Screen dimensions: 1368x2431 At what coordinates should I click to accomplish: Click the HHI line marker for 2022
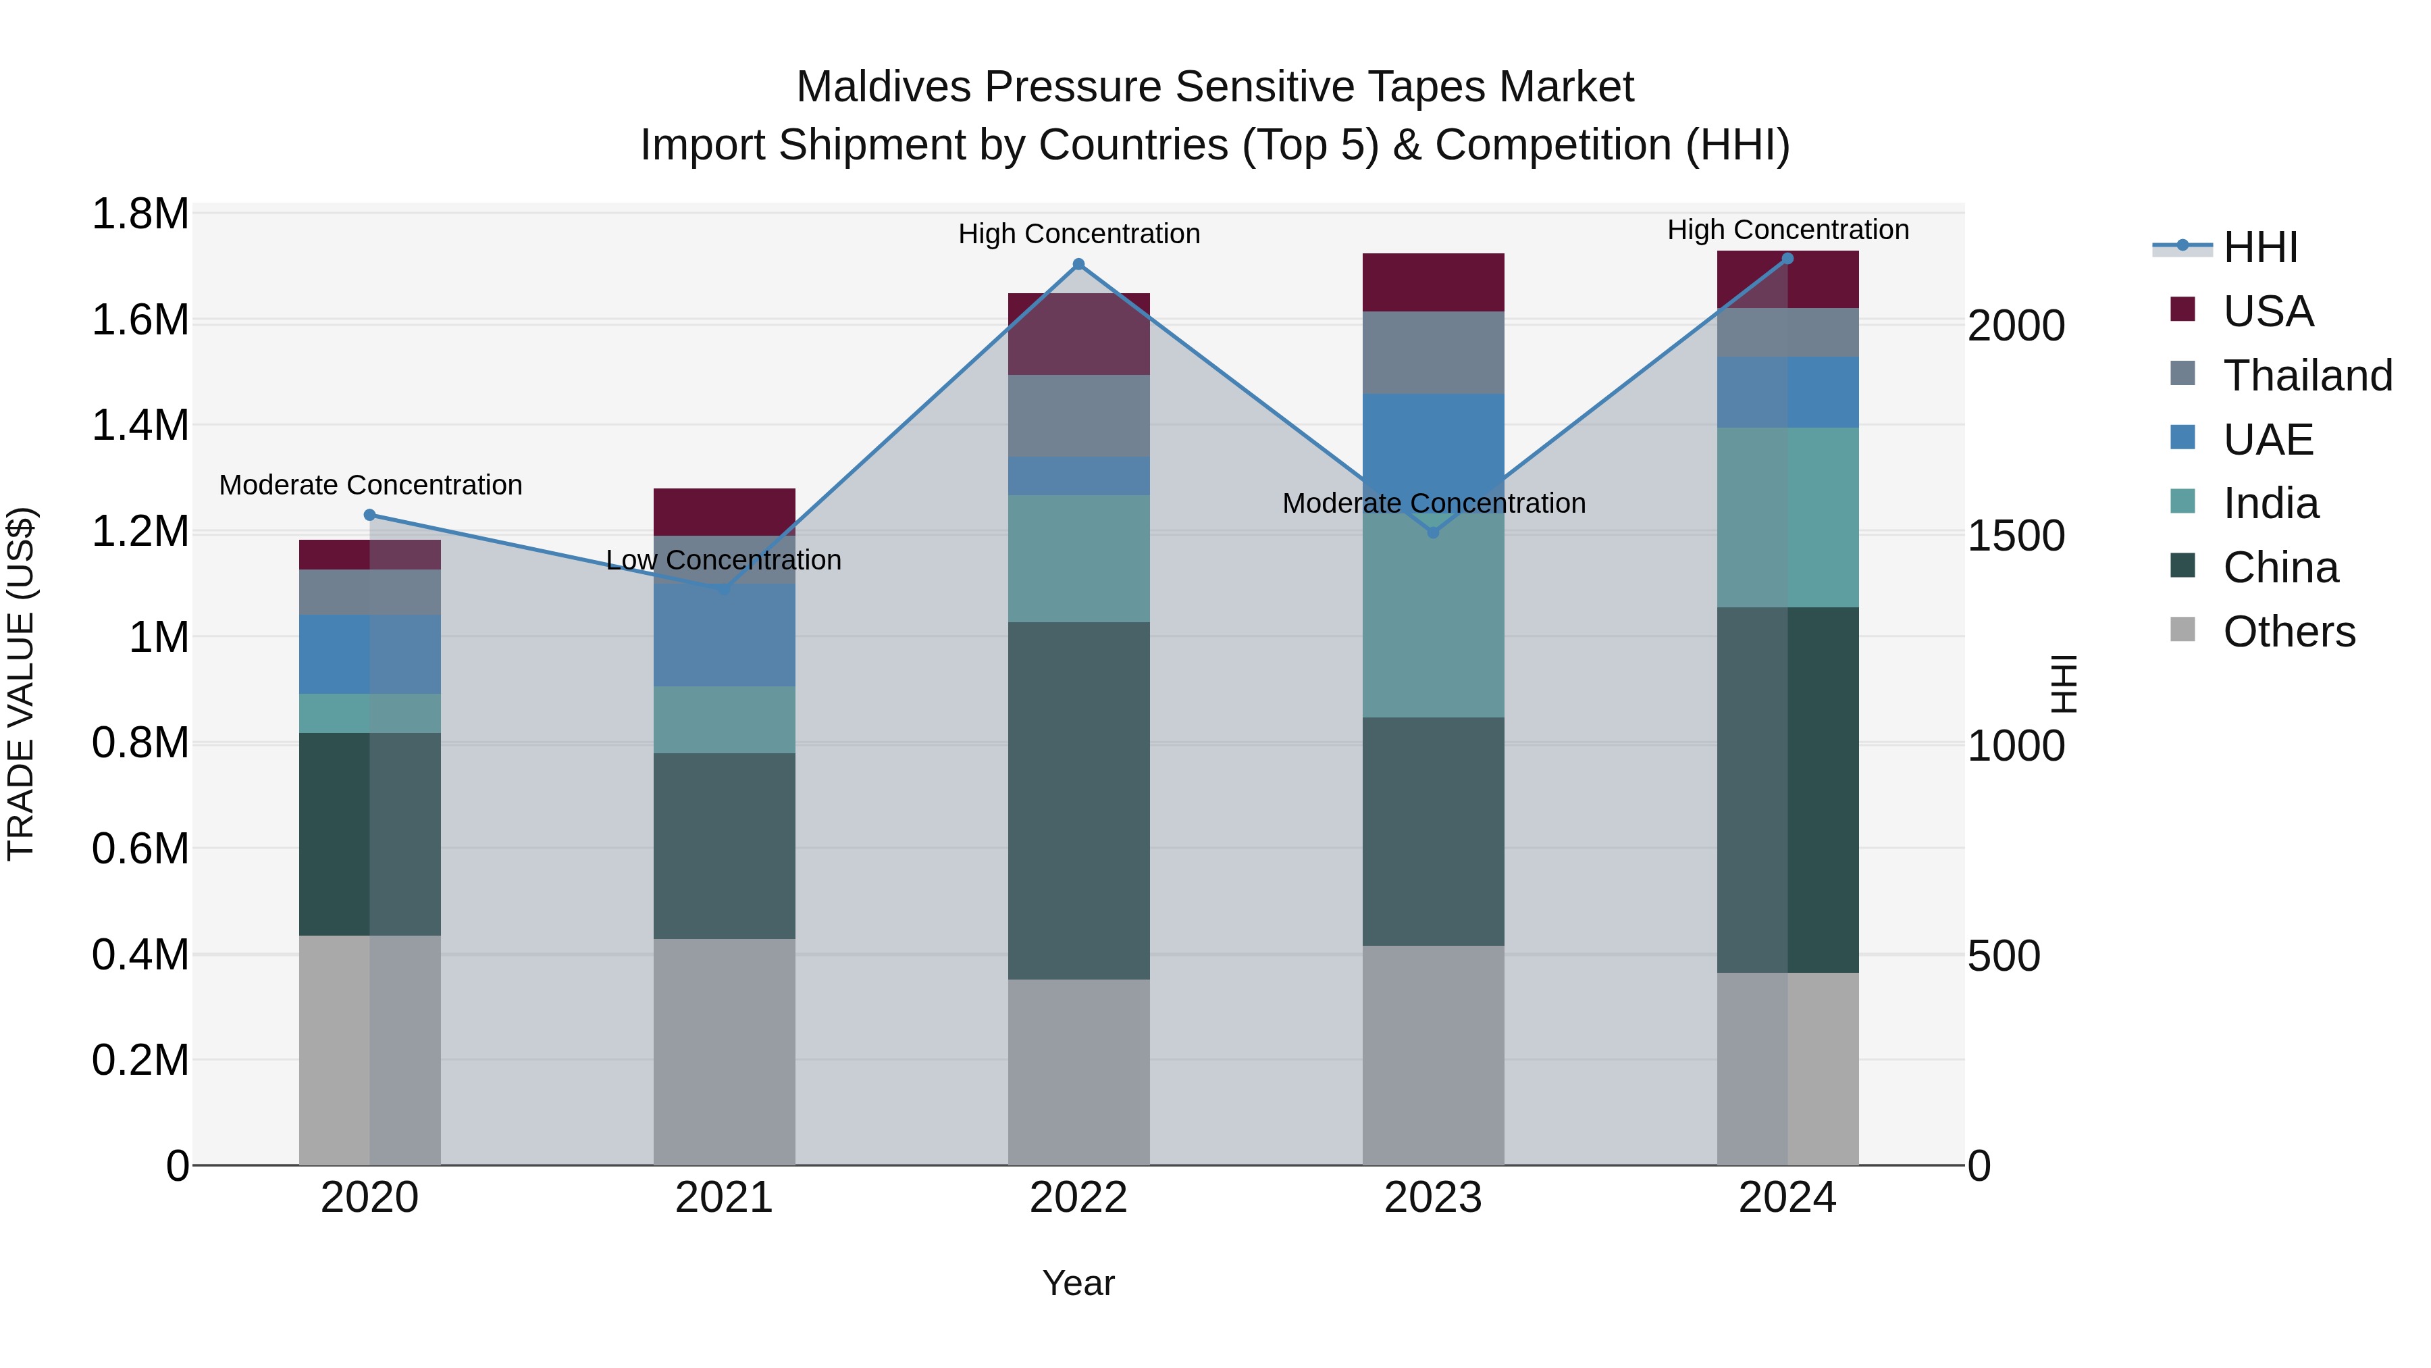1078,264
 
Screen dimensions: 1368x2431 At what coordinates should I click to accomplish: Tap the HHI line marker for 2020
370,515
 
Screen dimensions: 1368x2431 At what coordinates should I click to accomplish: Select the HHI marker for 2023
1432,532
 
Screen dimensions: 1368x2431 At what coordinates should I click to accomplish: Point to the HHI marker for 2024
1787,259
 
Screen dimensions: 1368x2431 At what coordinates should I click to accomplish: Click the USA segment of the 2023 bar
1432,282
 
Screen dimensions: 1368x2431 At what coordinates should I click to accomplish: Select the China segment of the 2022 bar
1078,800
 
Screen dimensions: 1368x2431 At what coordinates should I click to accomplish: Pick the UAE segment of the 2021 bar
724,634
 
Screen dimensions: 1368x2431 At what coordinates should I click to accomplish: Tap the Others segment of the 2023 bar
1432,1055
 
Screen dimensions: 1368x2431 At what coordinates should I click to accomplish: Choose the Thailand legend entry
2307,376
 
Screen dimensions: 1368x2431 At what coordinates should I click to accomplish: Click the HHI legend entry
2259,247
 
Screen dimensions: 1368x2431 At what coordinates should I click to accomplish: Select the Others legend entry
2288,632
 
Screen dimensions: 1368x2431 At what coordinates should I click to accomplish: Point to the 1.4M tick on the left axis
140,426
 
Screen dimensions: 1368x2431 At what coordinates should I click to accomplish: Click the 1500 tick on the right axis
2016,536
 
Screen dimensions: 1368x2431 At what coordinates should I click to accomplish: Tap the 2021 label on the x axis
724,1198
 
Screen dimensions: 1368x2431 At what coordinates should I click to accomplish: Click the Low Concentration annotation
724,560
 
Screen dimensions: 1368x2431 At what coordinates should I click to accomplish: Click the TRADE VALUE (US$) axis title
21,684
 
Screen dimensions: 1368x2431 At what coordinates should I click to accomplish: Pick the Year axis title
1078,1283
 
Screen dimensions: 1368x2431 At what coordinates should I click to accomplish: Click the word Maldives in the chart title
883,87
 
